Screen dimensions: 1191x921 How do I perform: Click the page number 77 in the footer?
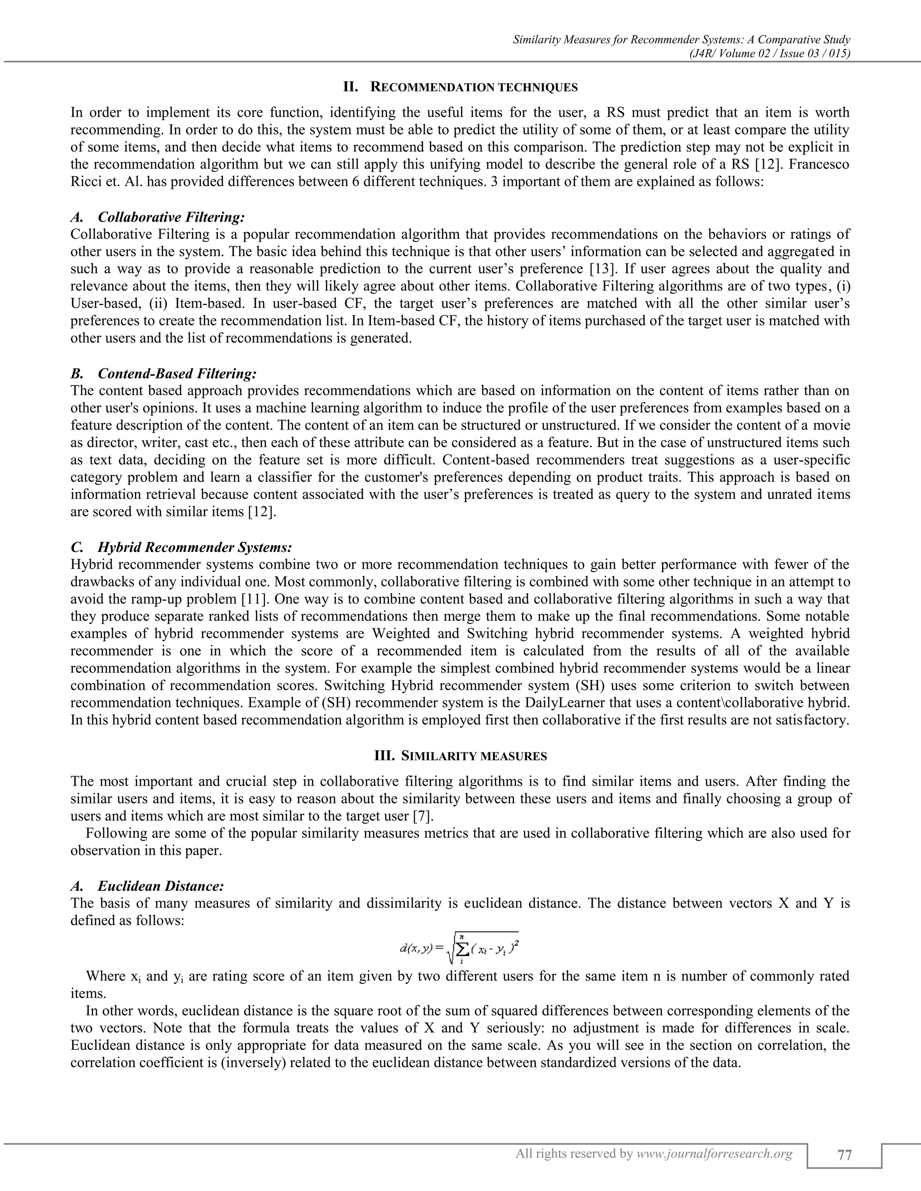point(844,1155)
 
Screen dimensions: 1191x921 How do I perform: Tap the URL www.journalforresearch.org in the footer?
point(714,1153)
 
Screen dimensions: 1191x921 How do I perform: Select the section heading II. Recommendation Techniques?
point(460,87)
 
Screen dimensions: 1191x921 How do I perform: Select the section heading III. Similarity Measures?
point(460,756)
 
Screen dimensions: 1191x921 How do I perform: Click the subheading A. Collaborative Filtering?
point(158,218)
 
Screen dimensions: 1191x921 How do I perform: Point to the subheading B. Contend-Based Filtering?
point(163,373)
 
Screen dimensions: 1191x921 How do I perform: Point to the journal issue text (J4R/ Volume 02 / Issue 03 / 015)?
point(770,53)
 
